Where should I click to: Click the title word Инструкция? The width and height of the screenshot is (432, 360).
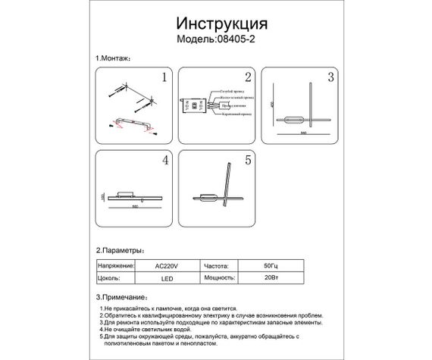(x=215, y=23)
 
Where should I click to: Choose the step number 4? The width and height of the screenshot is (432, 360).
(x=164, y=161)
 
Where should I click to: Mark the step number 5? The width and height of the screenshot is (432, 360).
(x=247, y=161)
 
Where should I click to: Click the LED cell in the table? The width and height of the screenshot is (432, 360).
(x=165, y=278)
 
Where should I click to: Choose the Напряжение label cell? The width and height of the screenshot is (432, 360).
(x=116, y=267)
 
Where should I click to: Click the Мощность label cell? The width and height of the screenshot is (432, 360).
(x=219, y=278)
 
